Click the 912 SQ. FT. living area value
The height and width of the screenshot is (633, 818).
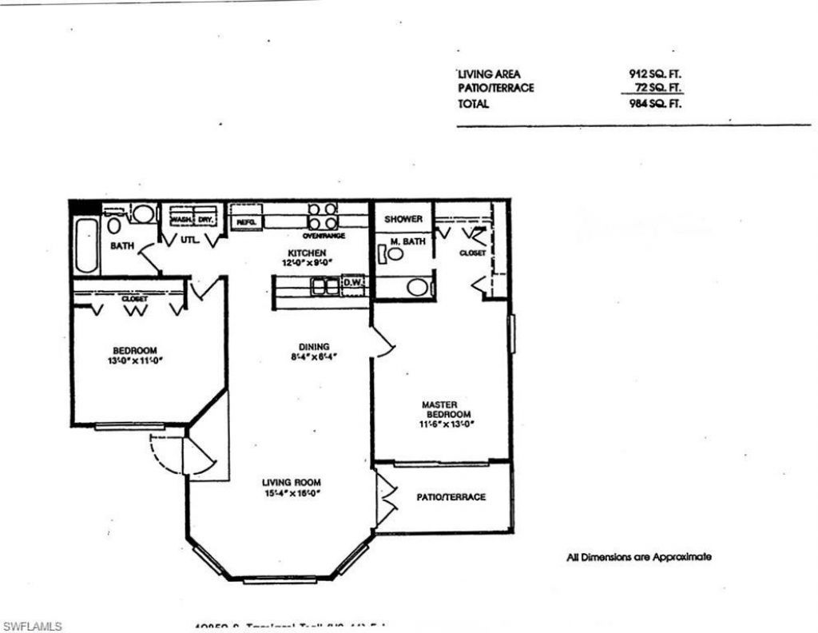[655, 74]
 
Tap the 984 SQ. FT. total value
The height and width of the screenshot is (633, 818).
[655, 104]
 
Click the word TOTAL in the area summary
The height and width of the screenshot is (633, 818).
[473, 104]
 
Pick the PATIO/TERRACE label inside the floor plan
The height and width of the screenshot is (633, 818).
[451, 497]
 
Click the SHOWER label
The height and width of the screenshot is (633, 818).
[403, 219]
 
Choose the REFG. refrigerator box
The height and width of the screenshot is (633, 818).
[246, 223]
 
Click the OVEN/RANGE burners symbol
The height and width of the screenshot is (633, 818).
[324, 217]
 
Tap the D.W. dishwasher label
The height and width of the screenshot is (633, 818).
[352, 282]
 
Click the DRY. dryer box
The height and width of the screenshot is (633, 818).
[205, 219]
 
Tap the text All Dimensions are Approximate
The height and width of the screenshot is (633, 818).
[639, 557]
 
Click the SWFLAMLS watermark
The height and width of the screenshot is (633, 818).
[31, 625]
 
